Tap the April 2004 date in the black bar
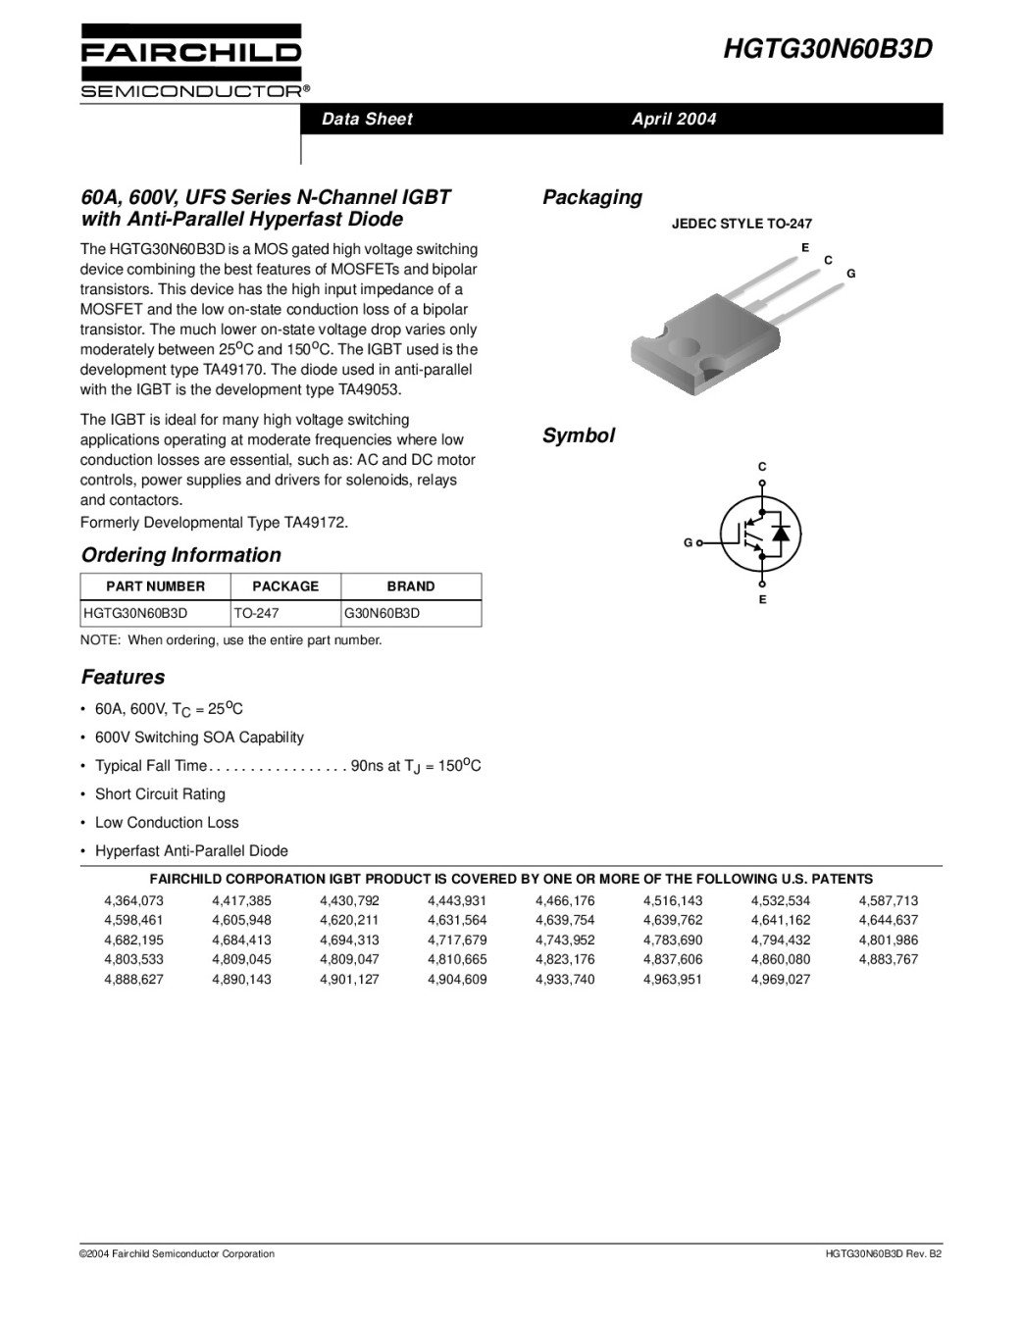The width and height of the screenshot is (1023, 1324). coord(674,120)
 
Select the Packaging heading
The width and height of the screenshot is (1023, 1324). coord(592,197)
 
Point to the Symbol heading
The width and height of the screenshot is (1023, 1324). coord(579,436)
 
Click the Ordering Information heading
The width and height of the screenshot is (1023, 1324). coord(180,555)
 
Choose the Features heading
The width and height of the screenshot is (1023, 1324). coord(123,678)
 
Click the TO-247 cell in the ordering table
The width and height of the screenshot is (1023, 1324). coord(256,614)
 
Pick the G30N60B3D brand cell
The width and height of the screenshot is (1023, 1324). coord(383,614)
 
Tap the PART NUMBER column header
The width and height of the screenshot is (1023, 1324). coord(155,586)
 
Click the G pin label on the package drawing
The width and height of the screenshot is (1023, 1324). coord(851,274)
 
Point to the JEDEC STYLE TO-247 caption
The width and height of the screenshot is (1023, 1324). coord(742,224)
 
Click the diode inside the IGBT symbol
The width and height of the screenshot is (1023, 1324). coord(781,533)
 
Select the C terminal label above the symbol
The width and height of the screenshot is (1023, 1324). coord(762,466)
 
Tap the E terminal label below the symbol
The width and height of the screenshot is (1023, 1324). coord(762,599)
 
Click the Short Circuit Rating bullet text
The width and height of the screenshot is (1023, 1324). coord(160,794)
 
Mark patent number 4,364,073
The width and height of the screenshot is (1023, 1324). coord(133,900)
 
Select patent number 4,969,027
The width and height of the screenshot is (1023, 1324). coord(781,980)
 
